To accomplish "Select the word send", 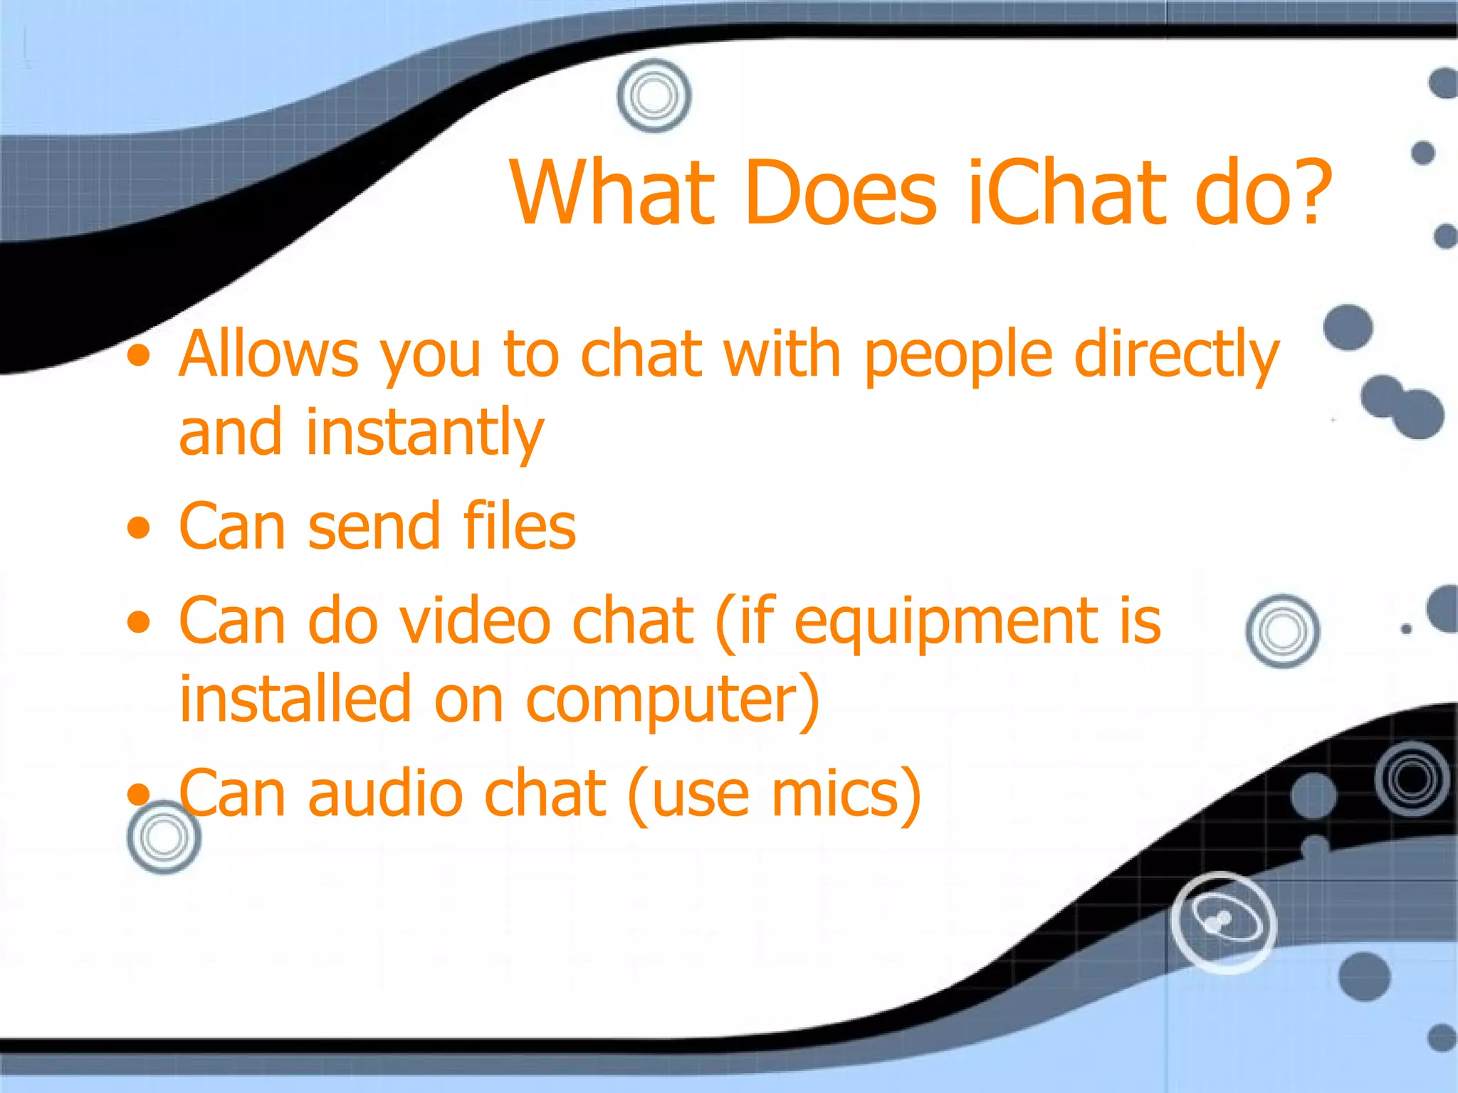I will click(373, 527).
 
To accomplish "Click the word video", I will click(475, 621).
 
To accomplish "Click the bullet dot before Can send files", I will click(140, 529).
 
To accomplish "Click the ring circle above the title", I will click(654, 95).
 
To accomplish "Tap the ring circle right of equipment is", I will click(1282, 631).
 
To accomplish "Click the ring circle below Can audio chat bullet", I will click(164, 838).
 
